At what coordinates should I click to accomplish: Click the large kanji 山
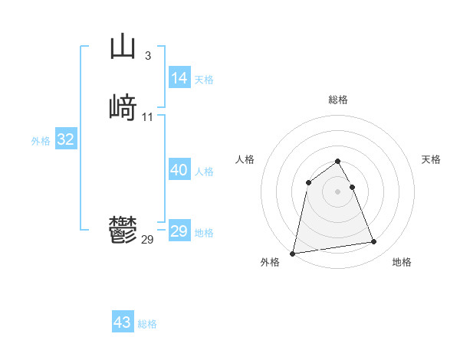click(123, 47)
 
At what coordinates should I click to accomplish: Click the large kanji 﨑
click(123, 108)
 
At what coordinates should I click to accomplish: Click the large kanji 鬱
click(123, 231)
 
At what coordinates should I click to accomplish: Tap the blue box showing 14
click(179, 78)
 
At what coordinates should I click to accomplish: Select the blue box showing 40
click(179, 170)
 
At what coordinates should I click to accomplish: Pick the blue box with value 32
click(66, 139)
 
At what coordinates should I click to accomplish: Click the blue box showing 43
click(123, 322)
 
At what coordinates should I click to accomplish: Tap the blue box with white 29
click(179, 231)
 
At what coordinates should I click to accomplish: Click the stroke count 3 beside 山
click(147, 55)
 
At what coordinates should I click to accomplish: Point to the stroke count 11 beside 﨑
click(147, 116)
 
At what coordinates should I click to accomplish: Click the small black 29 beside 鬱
click(147, 240)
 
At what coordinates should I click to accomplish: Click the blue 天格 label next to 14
click(204, 79)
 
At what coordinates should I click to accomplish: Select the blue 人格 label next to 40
click(204, 172)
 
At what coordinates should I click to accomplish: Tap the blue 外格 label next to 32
click(41, 141)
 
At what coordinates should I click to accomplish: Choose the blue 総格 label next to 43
click(147, 324)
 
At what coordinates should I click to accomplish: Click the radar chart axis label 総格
click(338, 100)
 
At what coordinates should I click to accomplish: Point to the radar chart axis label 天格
click(431, 159)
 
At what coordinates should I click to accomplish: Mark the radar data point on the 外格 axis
click(293, 253)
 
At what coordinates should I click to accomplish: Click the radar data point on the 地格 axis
click(374, 242)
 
